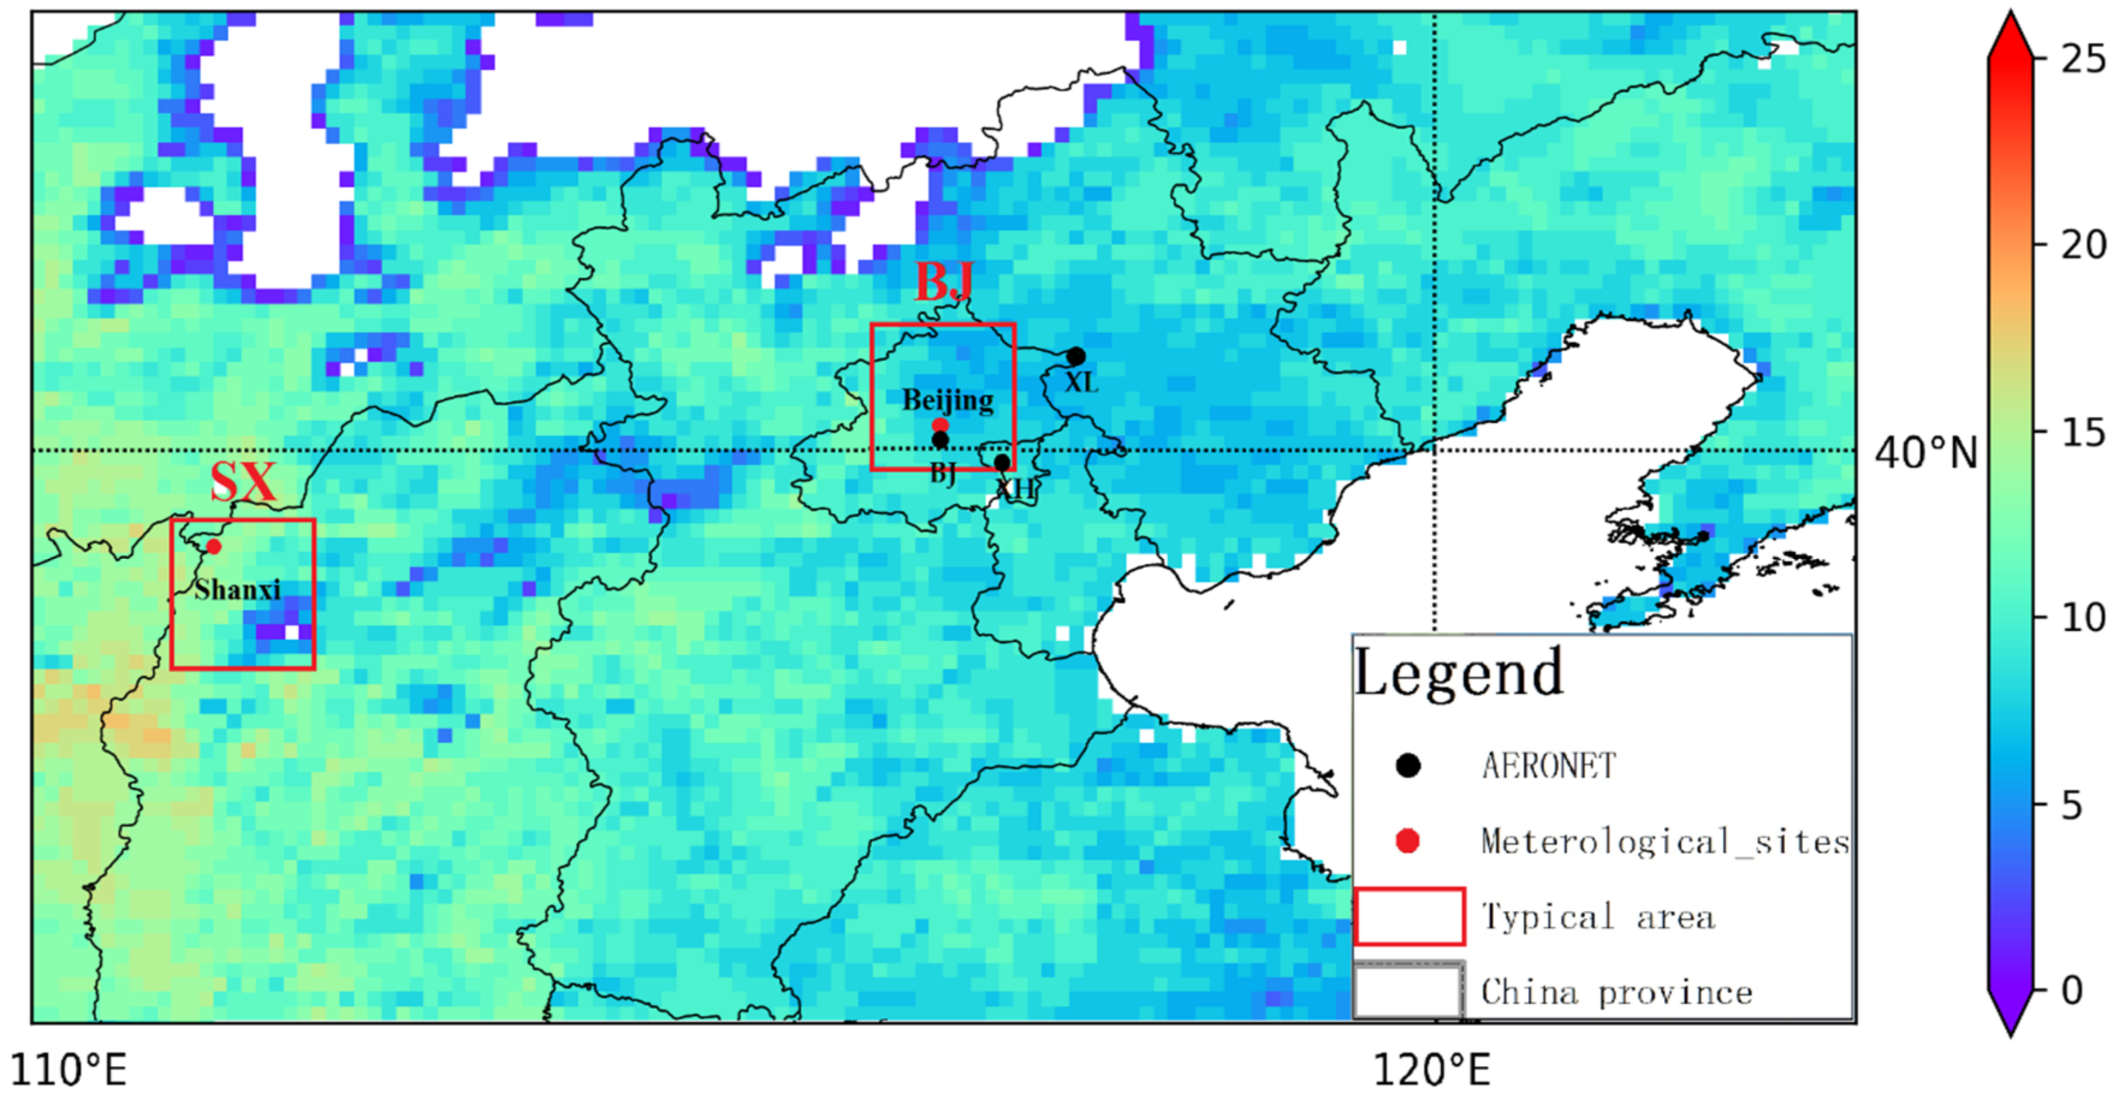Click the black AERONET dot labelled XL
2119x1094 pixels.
click(1075, 356)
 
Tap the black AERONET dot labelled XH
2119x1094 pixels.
click(1002, 462)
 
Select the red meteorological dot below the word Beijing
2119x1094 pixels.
click(940, 424)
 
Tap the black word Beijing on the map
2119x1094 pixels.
click(948, 400)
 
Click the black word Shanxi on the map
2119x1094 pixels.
click(238, 590)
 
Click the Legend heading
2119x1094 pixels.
click(1458, 673)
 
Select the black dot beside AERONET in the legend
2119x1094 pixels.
click(1408, 766)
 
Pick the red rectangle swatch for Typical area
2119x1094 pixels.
click(1409, 915)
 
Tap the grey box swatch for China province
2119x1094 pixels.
click(1408, 991)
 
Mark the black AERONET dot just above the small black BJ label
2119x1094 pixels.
click(940, 440)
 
